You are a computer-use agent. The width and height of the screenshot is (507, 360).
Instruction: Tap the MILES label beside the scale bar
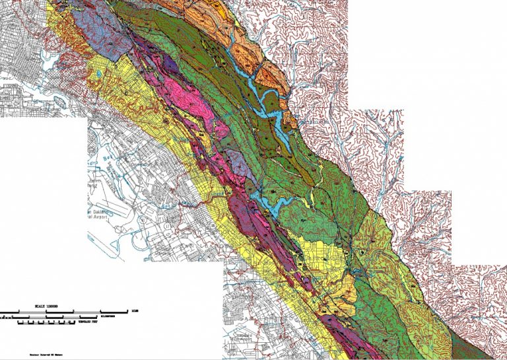(135, 310)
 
